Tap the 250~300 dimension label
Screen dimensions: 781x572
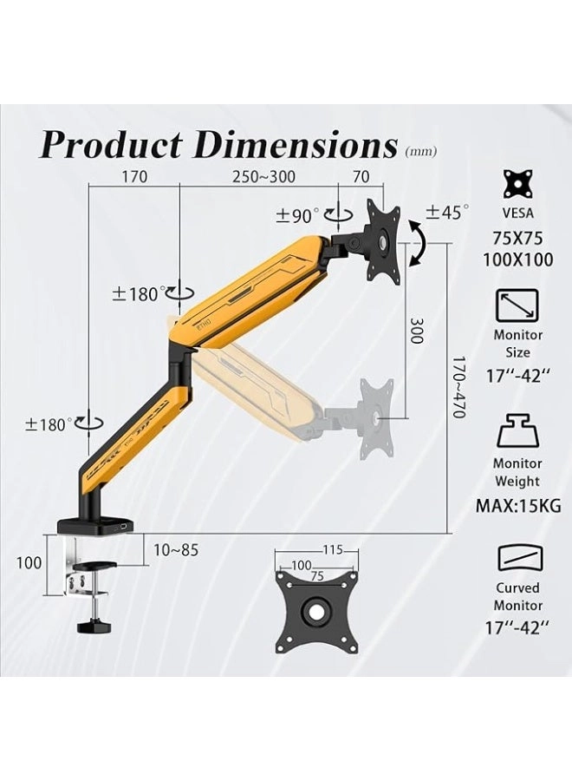point(263,177)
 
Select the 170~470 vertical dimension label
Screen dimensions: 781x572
point(459,385)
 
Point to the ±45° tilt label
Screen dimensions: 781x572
point(447,212)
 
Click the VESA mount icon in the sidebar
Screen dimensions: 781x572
point(517,185)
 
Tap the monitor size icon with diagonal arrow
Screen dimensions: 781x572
point(517,305)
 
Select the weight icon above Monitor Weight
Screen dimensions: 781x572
point(517,431)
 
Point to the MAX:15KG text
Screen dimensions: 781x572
point(517,504)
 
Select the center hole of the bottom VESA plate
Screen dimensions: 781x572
point(317,610)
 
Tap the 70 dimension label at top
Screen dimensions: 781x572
point(361,177)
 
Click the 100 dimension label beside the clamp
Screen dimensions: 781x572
point(29,562)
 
